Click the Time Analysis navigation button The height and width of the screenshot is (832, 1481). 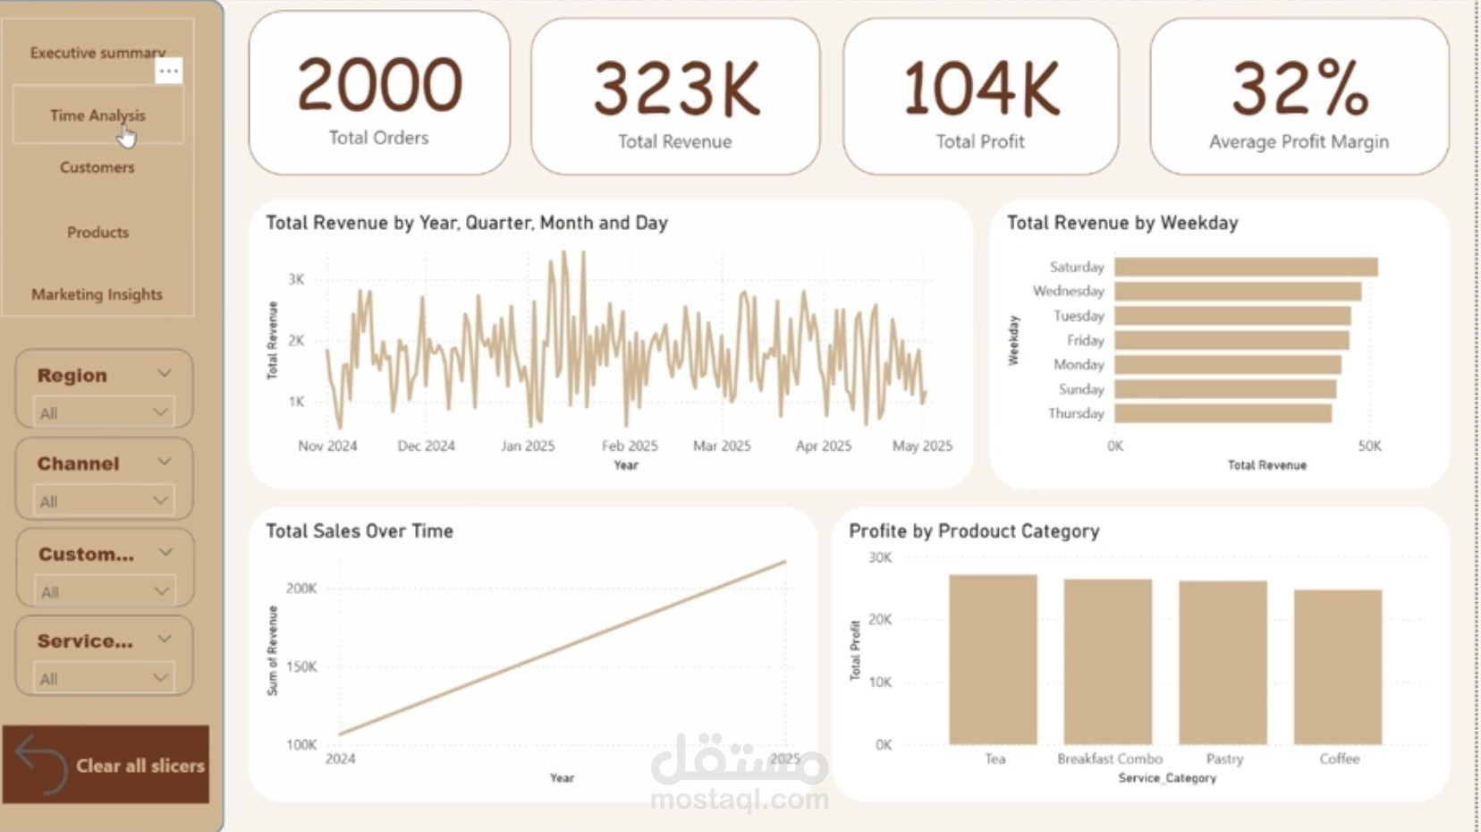pos(97,115)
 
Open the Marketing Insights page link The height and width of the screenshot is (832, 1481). pos(97,294)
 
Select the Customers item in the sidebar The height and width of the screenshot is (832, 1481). pos(97,167)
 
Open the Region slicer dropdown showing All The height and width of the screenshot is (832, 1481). pos(104,412)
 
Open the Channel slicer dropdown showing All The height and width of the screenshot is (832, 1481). pos(104,501)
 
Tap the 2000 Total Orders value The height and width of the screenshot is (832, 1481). pos(379,85)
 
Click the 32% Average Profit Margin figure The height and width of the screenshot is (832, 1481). pos(1299,89)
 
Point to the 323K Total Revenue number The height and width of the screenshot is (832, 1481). pos(676,89)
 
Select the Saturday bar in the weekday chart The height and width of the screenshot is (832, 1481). pos(1245,267)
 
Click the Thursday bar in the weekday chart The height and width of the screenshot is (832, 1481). pos(1223,413)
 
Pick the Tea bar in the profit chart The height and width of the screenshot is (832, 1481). pos(993,659)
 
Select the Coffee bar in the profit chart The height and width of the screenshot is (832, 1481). pos(1338,666)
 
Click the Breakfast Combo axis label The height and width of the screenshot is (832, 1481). pos(1110,759)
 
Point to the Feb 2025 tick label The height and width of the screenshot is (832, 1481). pos(629,446)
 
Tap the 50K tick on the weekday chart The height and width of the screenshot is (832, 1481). pos(1369,446)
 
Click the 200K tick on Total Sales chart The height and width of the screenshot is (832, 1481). pos(301,589)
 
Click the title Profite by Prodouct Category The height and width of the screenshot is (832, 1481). pos(974,531)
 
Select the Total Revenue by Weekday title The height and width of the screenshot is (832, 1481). pos(1122,223)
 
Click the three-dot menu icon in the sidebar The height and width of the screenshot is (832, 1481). pos(169,71)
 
